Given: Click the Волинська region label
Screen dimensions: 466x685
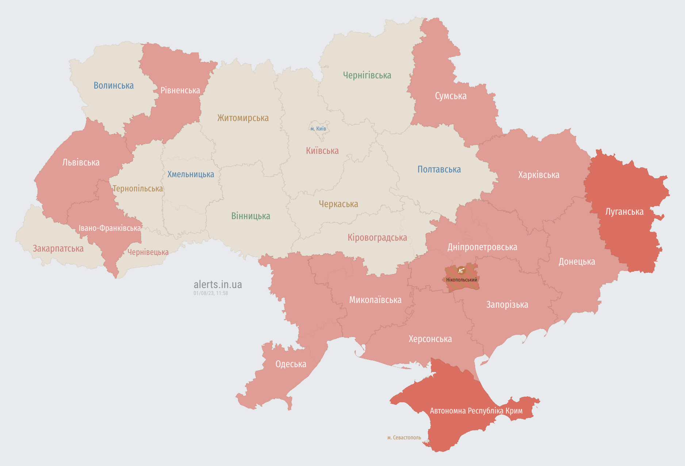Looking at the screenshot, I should pyautogui.click(x=114, y=86).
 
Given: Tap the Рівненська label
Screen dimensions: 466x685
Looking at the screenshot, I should pyautogui.click(x=180, y=90).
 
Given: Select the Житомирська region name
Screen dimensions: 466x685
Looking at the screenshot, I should pyautogui.click(x=243, y=118).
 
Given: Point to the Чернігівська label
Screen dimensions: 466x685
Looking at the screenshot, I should pyautogui.click(x=367, y=75).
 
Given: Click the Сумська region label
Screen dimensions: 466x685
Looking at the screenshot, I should pyautogui.click(x=451, y=96).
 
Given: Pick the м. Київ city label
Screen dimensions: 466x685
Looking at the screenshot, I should pyautogui.click(x=318, y=129).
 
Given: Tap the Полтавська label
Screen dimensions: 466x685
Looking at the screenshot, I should pyautogui.click(x=439, y=170).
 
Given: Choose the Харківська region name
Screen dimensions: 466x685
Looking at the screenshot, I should pyautogui.click(x=539, y=175).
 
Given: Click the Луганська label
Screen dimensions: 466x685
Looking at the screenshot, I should pyautogui.click(x=624, y=212).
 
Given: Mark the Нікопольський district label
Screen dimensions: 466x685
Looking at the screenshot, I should pyautogui.click(x=462, y=280).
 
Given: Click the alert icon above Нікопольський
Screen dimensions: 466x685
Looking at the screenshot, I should pyautogui.click(x=461, y=271).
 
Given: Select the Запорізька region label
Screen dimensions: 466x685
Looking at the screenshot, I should pyautogui.click(x=507, y=305).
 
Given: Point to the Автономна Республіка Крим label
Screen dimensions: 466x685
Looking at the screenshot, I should pyautogui.click(x=476, y=411).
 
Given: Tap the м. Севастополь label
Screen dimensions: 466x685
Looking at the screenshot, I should pyautogui.click(x=404, y=438).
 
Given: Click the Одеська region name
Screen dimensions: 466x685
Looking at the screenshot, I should pyautogui.click(x=291, y=364).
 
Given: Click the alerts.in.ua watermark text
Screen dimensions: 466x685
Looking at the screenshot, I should pyautogui.click(x=218, y=284).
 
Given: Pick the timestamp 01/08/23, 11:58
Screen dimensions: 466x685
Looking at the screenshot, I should pyautogui.click(x=211, y=293).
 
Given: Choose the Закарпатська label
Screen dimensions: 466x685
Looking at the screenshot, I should pyautogui.click(x=58, y=249).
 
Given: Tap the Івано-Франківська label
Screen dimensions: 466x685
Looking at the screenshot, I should pyautogui.click(x=110, y=228).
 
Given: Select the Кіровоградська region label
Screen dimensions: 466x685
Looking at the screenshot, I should pyautogui.click(x=377, y=238).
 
